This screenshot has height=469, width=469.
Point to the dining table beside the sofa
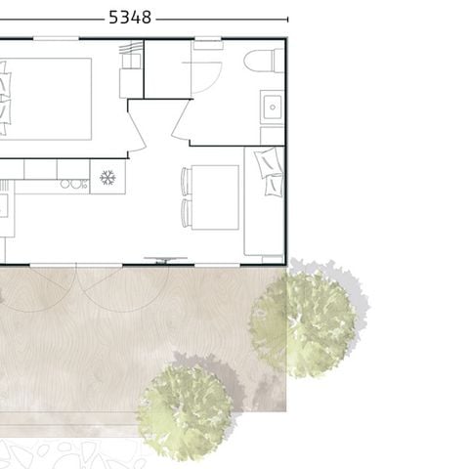tap(216, 197)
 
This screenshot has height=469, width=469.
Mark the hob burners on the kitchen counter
tap(72, 183)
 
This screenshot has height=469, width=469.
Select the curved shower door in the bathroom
tap(204, 73)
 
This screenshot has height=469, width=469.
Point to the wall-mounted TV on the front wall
tap(167, 260)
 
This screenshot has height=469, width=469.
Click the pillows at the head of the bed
tap(4, 96)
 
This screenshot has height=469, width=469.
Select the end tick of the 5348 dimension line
tap(287, 18)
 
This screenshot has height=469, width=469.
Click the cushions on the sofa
tap(269, 171)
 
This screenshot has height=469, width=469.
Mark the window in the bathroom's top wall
tap(206, 41)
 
